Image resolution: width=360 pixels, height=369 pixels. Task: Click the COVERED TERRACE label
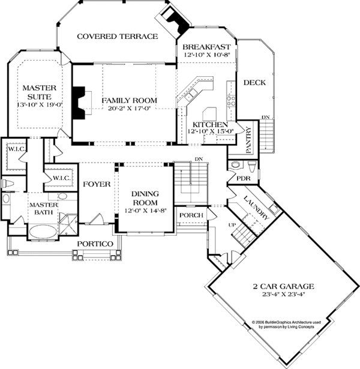[117, 37]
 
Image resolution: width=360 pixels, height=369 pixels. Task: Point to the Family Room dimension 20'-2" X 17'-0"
[128, 109]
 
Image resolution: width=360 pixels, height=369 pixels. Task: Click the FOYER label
[96, 184]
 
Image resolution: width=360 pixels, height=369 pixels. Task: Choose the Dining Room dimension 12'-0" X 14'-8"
[145, 211]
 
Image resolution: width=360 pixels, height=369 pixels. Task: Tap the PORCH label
[191, 215]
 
